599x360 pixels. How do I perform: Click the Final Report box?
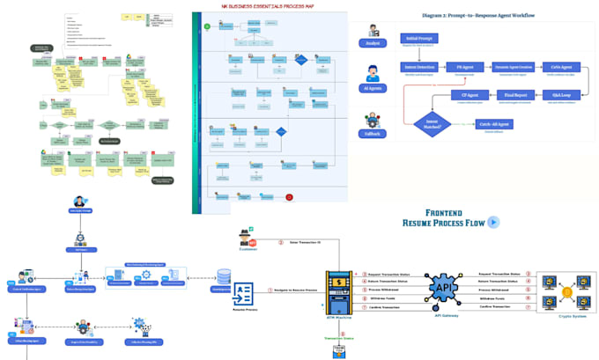(x=516, y=95)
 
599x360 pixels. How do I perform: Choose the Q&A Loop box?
(x=561, y=95)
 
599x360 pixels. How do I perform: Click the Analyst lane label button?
(x=373, y=43)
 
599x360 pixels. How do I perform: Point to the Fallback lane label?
(x=373, y=134)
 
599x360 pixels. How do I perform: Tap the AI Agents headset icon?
(x=373, y=72)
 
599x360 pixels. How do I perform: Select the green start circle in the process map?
(x=207, y=27)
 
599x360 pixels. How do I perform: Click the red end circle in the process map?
(x=288, y=197)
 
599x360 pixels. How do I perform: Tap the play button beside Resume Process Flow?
(x=493, y=222)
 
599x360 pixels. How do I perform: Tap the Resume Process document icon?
(x=243, y=294)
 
